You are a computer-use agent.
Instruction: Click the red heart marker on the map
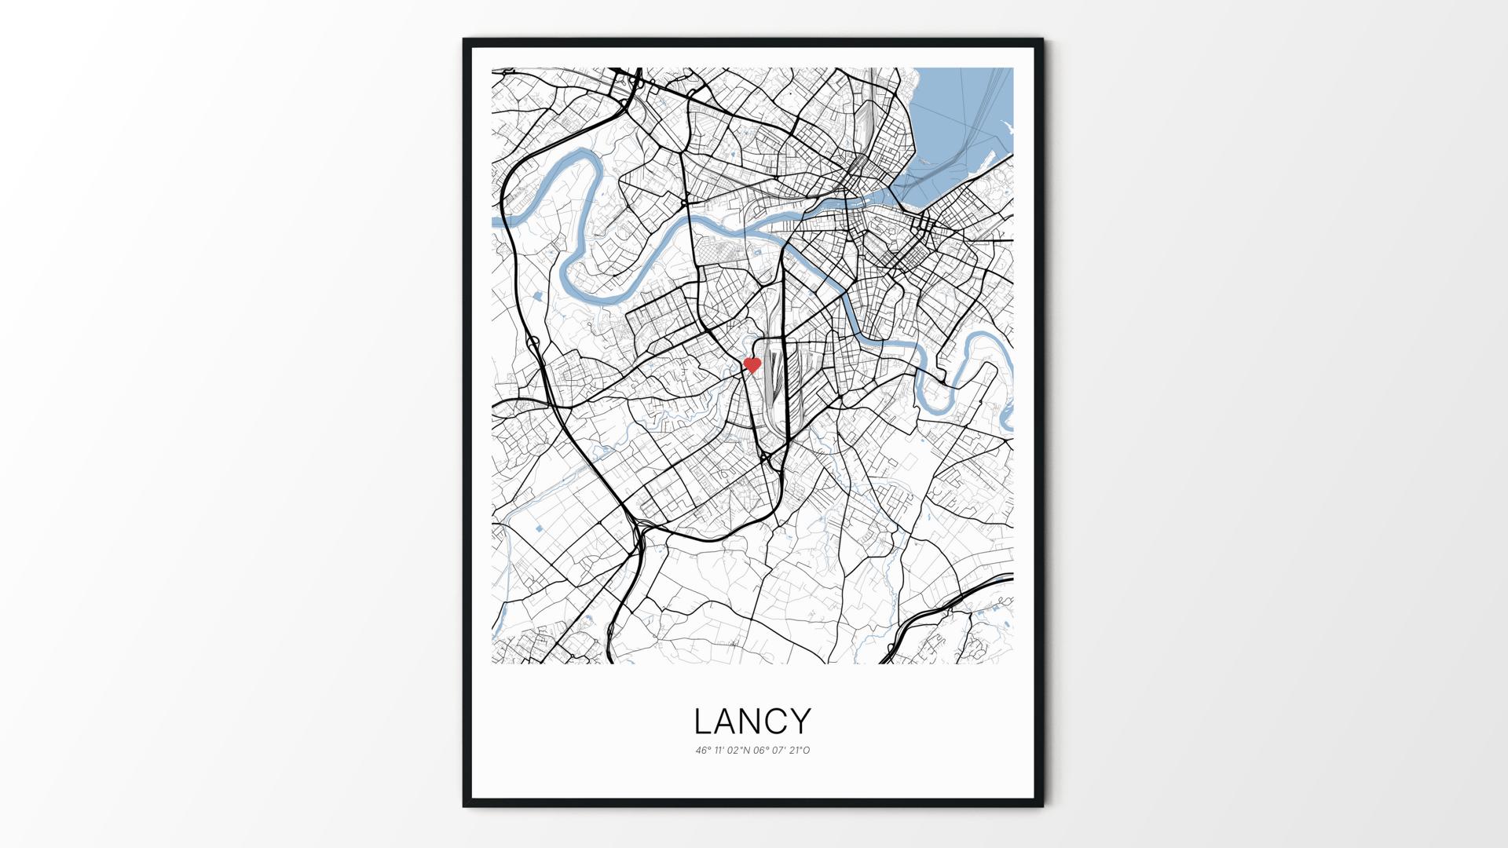(752, 365)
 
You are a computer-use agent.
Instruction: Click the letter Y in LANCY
(801, 722)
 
